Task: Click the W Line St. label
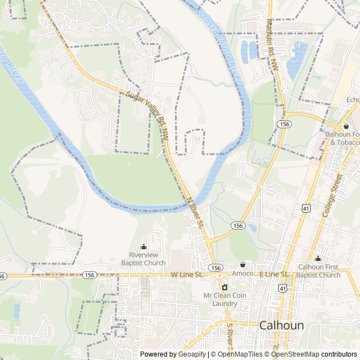186,274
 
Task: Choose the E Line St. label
273,274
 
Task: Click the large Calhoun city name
282,326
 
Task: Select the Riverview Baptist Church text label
143,259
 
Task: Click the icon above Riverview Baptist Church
143,246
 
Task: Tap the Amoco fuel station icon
243,264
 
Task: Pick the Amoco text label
243,273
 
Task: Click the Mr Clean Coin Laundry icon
224,287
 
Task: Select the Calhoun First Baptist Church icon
318,258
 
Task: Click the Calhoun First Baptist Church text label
319,271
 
